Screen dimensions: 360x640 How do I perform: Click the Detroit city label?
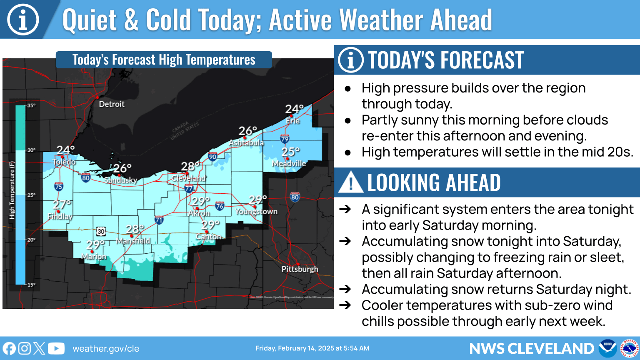(111, 104)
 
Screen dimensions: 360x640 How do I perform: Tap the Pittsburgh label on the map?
(300, 269)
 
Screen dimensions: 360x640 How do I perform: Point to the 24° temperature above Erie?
(294, 109)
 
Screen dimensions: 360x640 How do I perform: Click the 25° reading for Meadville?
(290, 152)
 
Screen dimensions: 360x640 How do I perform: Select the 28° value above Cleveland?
(190, 167)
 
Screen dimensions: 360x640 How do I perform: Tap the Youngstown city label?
(256, 212)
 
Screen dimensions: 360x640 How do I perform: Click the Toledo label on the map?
(64, 162)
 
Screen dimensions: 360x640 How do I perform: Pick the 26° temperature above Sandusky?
(122, 168)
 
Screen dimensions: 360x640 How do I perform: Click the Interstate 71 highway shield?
(159, 220)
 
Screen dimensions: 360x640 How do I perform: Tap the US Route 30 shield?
(101, 231)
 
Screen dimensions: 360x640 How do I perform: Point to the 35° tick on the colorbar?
(31, 105)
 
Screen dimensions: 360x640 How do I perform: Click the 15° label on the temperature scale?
(31, 285)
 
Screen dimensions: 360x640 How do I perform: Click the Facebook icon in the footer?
(9, 348)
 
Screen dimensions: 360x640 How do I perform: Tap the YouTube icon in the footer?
(56, 348)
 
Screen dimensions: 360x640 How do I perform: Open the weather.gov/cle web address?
(106, 349)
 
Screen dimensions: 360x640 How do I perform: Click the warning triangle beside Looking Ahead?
(350, 182)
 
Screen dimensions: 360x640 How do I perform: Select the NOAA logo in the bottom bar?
(607, 348)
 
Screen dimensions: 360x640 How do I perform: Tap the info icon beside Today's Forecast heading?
(350, 60)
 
